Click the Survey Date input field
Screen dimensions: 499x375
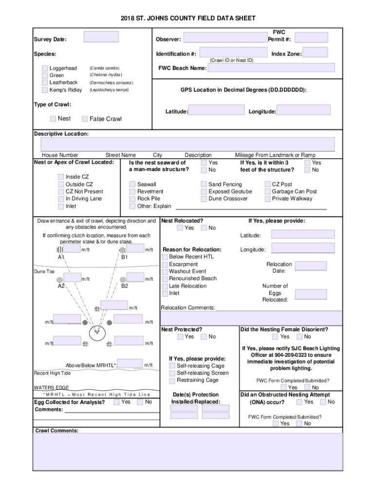pos(101,38)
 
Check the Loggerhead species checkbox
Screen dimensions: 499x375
pos(45,68)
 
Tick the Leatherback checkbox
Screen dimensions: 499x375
pos(45,83)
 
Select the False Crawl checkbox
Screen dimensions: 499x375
pos(85,119)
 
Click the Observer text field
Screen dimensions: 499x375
pos(225,38)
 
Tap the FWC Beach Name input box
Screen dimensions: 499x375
pos(271,68)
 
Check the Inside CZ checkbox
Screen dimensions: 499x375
pos(61,177)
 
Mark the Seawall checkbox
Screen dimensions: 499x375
pos(132,185)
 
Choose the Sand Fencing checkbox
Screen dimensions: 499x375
pos(204,185)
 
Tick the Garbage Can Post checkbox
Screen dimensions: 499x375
pos(267,192)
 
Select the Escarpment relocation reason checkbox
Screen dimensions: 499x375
pos(165,264)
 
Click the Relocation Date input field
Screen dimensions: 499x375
pos(311,266)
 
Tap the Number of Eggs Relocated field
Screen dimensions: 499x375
pos(311,294)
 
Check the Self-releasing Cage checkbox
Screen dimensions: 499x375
pos(172,366)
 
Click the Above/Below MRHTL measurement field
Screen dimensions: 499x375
pos(130,364)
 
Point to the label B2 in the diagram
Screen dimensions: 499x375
pos(125,286)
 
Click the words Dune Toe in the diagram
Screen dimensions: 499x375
pos(44,271)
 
